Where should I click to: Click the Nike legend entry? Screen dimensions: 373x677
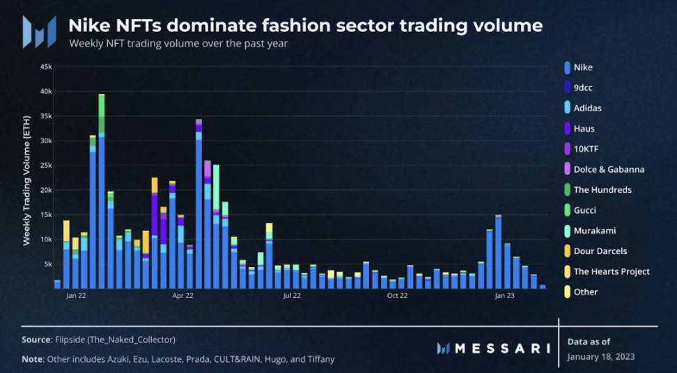pyautogui.click(x=583, y=68)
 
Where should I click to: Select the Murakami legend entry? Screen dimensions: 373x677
pyautogui.click(x=594, y=230)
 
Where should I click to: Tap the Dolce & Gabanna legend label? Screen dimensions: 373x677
pyautogui.click(x=609, y=169)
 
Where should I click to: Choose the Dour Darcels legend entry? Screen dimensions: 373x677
pyautogui.click(x=600, y=251)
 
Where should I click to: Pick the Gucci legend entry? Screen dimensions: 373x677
pyautogui.click(x=584, y=210)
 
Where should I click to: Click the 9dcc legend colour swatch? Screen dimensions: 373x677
pyautogui.click(x=568, y=88)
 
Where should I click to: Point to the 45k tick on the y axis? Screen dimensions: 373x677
pyautogui.click(x=46, y=66)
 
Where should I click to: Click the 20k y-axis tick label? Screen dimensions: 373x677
pyautogui.click(x=46, y=190)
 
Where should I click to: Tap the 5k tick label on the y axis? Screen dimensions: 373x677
pyautogui.click(x=48, y=264)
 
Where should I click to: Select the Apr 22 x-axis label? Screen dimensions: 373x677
pyautogui.click(x=182, y=295)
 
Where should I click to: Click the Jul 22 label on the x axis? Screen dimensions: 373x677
pyautogui.click(x=292, y=295)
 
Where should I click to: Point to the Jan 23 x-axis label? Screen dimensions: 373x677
pyautogui.click(x=504, y=295)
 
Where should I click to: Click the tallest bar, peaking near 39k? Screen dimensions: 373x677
pyautogui.click(x=102, y=195)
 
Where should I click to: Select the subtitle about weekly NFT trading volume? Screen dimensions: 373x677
pyautogui.click(x=178, y=44)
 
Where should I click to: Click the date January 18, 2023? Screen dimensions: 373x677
pyautogui.click(x=600, y=357)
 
